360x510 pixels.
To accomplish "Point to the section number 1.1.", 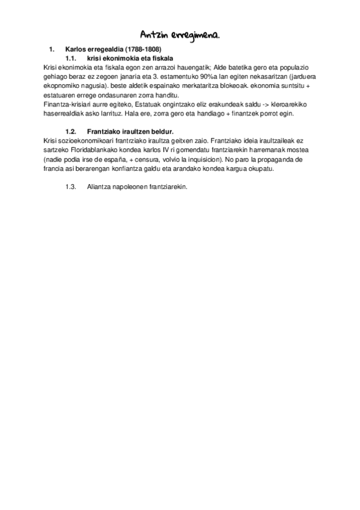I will pyautogui.click(x=72, y=57).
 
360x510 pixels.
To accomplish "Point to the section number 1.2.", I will pyautogui.click(x=72, y=131).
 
